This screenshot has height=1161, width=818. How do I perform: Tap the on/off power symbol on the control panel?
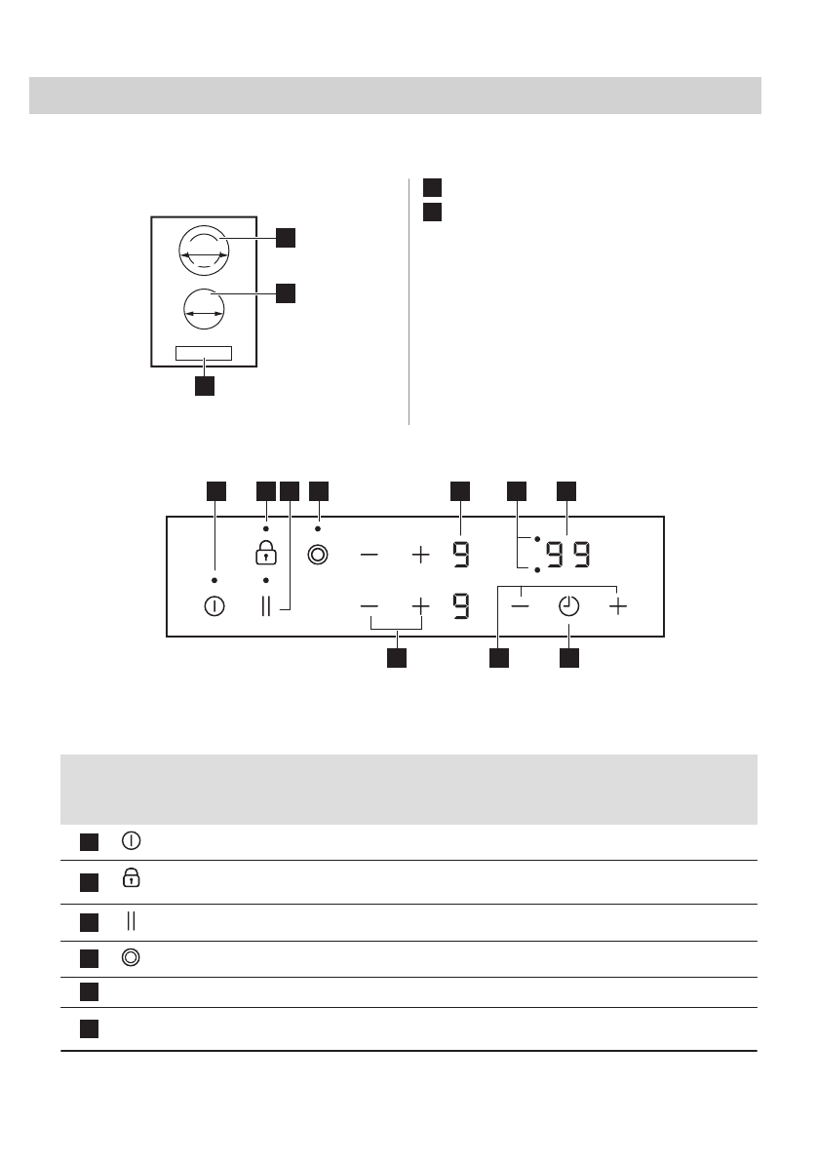[214, 606]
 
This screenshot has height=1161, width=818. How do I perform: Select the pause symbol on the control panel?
[266, 606]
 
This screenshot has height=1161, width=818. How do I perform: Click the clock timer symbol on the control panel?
[568, 606]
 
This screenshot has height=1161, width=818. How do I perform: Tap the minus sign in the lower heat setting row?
[370, 606]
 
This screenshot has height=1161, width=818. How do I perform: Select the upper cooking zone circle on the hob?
[205, 252]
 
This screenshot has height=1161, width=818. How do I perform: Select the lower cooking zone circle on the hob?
[204, 310]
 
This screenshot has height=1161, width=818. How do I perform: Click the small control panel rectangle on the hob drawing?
[204, 353]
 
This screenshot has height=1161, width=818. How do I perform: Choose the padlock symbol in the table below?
[130, 880]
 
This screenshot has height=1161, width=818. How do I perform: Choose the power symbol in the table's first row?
[130, 838]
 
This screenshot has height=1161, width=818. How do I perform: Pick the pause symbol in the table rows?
[130, 921]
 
